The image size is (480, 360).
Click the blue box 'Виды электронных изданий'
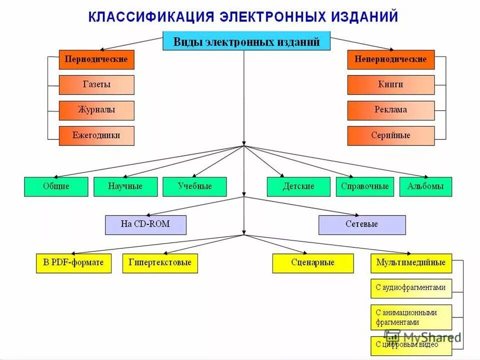246,41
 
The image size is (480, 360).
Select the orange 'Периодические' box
96,59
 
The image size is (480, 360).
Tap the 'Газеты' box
96,85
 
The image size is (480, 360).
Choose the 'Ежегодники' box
96,135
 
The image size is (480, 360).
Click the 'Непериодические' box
391,59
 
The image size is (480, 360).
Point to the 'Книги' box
391,85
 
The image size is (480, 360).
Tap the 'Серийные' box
391,135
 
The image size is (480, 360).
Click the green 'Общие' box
56,186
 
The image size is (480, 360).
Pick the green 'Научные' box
125,186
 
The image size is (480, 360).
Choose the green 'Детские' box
298,186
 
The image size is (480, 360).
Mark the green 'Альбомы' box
425,186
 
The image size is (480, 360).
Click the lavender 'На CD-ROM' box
145,225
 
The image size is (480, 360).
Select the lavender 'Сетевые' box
362,225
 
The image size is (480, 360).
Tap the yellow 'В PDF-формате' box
73,263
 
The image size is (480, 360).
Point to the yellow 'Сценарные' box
313,263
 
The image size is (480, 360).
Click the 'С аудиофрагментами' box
411,288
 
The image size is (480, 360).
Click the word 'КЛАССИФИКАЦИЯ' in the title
151,16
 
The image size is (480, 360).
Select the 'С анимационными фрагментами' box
411,317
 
